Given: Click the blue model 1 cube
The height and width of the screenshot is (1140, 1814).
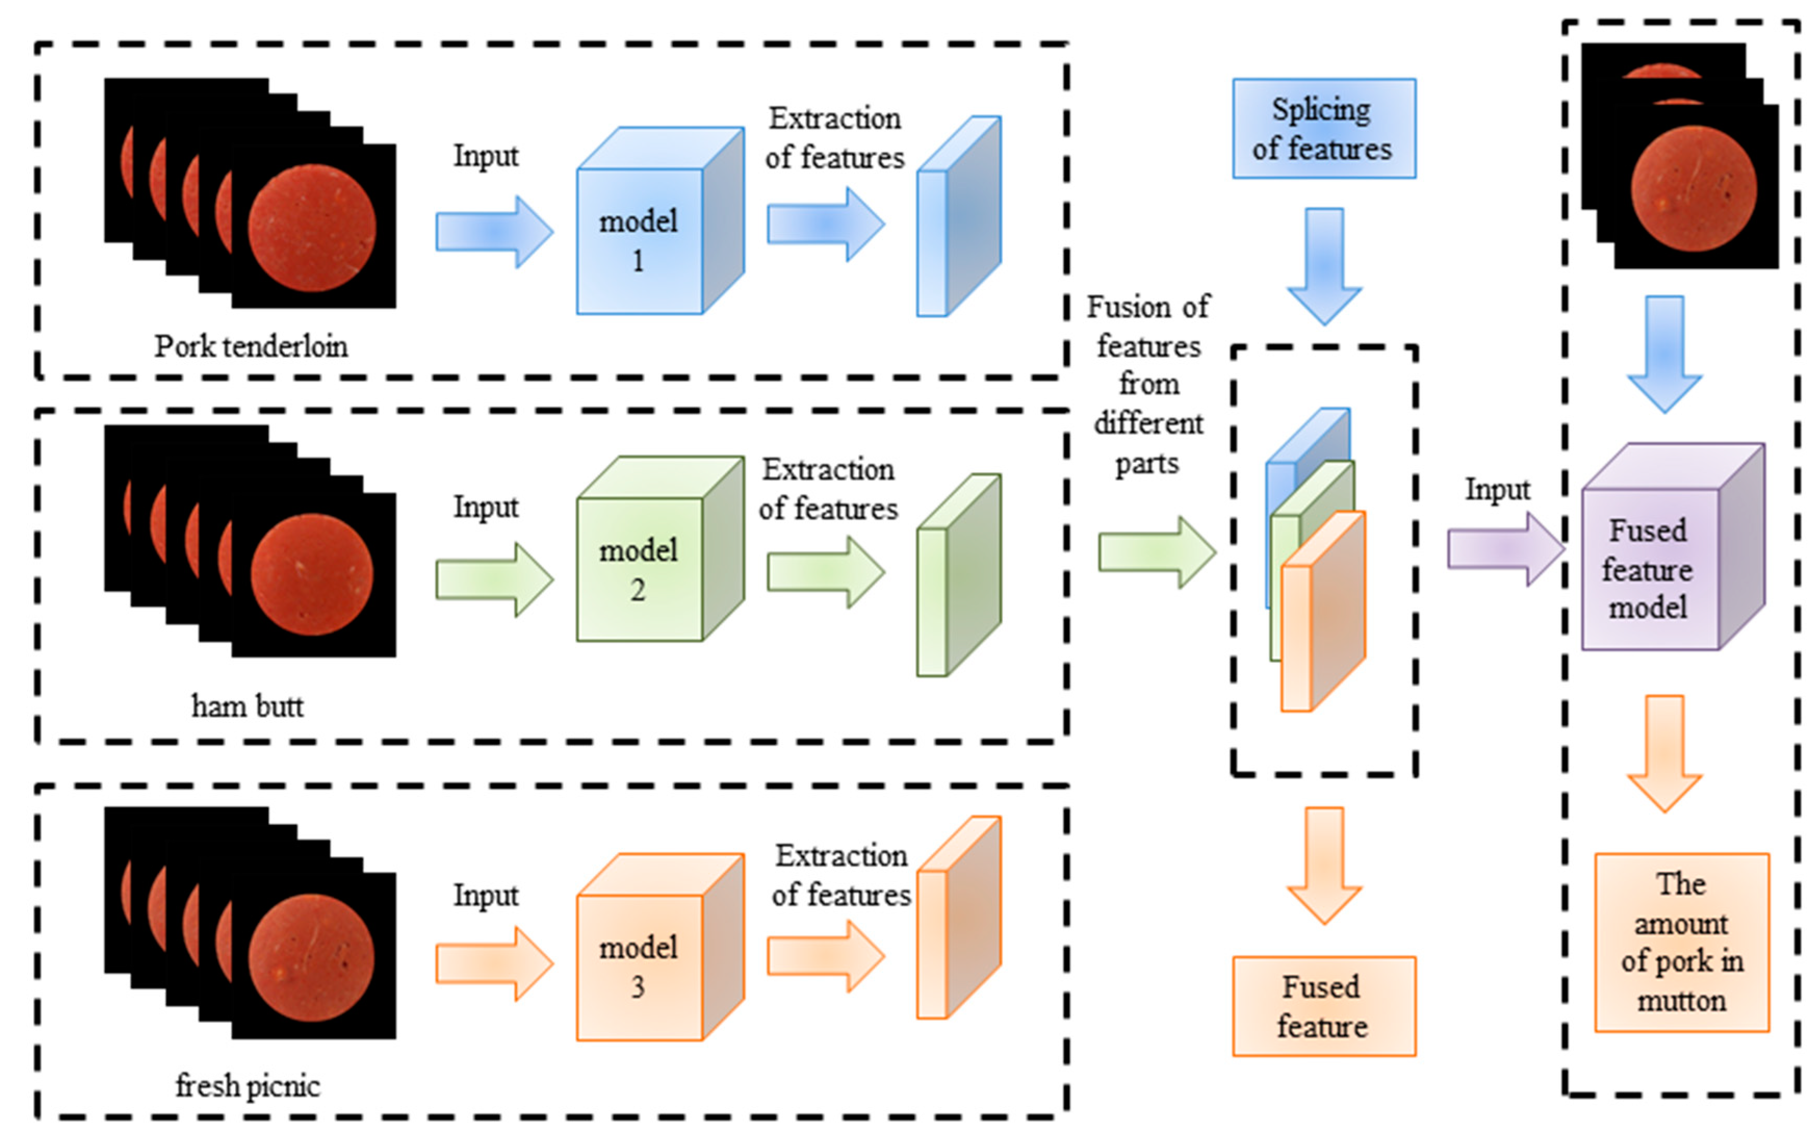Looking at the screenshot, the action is point(660,220).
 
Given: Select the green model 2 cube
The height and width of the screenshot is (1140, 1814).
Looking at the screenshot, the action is point(660,549).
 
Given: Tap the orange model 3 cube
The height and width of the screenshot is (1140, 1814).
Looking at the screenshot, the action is point(660,947).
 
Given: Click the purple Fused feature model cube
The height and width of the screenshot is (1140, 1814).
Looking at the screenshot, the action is point(1673,547).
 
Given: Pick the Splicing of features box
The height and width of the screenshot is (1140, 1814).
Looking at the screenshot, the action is point(1324,129).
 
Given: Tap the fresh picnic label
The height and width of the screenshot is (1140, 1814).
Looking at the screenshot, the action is point(248,1086).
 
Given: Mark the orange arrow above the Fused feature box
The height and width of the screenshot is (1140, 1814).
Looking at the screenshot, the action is point(1324,866).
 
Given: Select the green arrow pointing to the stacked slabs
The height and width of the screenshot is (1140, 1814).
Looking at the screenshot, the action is point(1158,552).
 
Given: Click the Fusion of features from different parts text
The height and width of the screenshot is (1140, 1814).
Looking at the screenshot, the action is point(1148,385).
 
